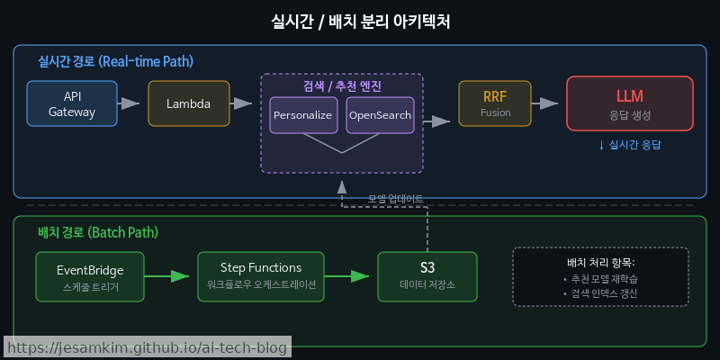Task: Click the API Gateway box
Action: coord(72,103)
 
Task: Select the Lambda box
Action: coord(189,103)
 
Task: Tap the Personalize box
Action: coord(303,115)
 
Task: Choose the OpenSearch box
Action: coord(380,115)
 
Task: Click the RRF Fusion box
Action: coord(495,103)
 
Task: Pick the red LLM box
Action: coord(630,103)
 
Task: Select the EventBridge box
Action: coord(90,276)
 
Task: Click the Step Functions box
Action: coord(261,276)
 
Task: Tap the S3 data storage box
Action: coord(427,276)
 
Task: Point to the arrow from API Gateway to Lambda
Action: coord(131,103)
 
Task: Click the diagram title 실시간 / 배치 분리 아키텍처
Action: coord(360,21)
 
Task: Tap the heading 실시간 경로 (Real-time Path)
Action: coord(115,62)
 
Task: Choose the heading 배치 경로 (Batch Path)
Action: coord(98,232)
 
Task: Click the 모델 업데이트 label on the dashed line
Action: coord(395,198)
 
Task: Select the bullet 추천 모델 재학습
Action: coord(600,279)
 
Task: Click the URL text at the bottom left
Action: coord(147,347)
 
